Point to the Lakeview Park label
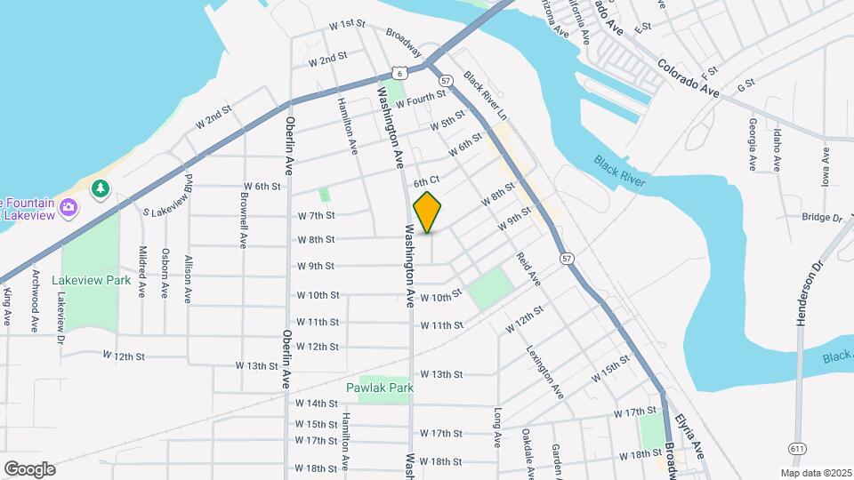pos(91,279)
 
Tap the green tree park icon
pos(101,188)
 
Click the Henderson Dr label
pos(810,294)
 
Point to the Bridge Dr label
pos(821,217)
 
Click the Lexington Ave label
pos(544,371)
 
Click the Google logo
pos(29,468)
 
